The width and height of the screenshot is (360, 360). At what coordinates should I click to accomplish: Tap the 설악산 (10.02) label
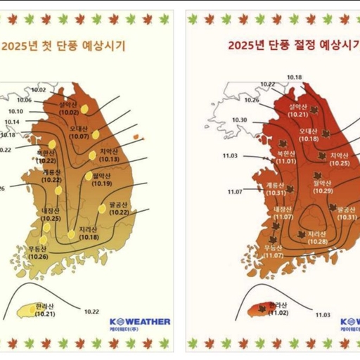[68, 108]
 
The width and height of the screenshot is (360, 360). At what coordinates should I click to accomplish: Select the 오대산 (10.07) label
[78, 133]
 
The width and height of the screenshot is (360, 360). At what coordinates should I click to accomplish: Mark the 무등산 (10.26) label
[39, 252]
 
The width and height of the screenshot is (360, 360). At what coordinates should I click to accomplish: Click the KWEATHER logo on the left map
[139, 323]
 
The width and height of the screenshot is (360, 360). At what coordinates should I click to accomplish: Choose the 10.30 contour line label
[239, 120]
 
